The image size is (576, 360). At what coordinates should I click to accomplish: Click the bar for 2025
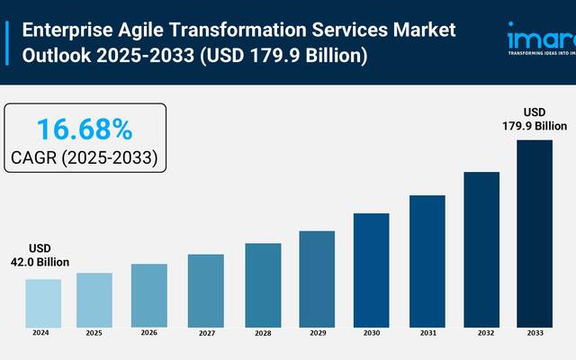pos(94,300)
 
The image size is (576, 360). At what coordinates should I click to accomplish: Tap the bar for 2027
pos(205,290)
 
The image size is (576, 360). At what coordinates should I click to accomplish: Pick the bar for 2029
pos(317,278)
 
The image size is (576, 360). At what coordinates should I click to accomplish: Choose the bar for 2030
pos(371,269)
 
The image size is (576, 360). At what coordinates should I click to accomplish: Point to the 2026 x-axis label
pos(149,333)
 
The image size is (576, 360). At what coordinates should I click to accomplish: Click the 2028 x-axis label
pos(262,333)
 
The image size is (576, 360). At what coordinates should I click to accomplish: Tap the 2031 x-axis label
pos(427,333)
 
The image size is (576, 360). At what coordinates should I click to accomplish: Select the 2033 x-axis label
pos(535,333)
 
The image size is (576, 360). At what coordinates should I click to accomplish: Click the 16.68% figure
pos(85,130)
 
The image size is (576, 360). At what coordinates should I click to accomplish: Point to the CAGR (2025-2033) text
pos(85,158)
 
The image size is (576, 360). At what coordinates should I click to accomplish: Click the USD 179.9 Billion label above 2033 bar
pos(535,120)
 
